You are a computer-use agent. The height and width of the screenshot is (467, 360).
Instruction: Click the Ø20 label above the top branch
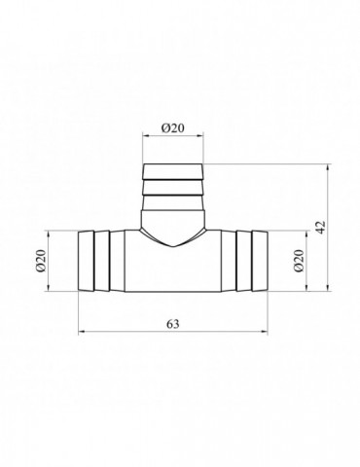[x=172, y=128]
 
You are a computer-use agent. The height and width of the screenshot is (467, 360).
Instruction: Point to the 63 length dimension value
[x=173, y=324]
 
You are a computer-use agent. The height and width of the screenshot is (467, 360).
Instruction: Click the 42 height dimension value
[x=320, y=228]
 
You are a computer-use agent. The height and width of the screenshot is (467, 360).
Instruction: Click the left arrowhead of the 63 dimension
[x=82, y=332]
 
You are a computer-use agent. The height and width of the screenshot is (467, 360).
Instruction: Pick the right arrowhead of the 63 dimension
[x=265, y=332]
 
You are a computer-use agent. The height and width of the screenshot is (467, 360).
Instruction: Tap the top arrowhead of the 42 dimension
[x=328, y=167]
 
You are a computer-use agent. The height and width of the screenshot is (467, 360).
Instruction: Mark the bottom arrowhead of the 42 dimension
[x=328, y=288]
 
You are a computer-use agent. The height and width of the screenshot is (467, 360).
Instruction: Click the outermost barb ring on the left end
[x=86, y=261]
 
